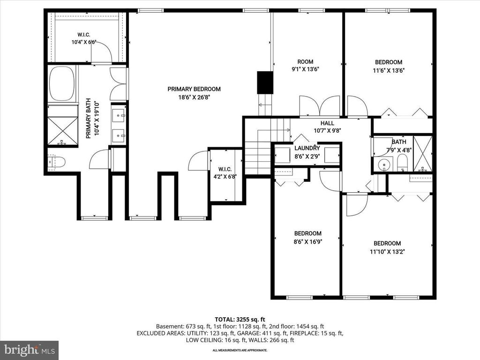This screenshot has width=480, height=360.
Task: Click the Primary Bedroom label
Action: [194, 89]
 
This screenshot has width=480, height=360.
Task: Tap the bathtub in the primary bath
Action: [62, 83]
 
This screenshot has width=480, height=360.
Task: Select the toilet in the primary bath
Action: [57, 162]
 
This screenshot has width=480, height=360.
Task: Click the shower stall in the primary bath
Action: [63, 131]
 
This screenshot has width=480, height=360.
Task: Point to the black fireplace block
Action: [265, 82]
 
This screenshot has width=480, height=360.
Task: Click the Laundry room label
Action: [307, 148]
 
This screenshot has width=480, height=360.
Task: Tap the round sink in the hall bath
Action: [383, 165]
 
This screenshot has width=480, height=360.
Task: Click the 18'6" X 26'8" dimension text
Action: [194, 97]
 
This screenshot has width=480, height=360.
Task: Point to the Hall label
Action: [327, 123]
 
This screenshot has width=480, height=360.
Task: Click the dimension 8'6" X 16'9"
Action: [307, 241]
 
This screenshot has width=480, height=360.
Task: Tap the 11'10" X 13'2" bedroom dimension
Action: [387, 252]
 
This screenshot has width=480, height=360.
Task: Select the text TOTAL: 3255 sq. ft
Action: [240, 320]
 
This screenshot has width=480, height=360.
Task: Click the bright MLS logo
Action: [30, 349]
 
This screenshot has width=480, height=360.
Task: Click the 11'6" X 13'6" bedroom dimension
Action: [389, 70]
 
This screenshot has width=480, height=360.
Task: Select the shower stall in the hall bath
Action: [422, 154]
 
